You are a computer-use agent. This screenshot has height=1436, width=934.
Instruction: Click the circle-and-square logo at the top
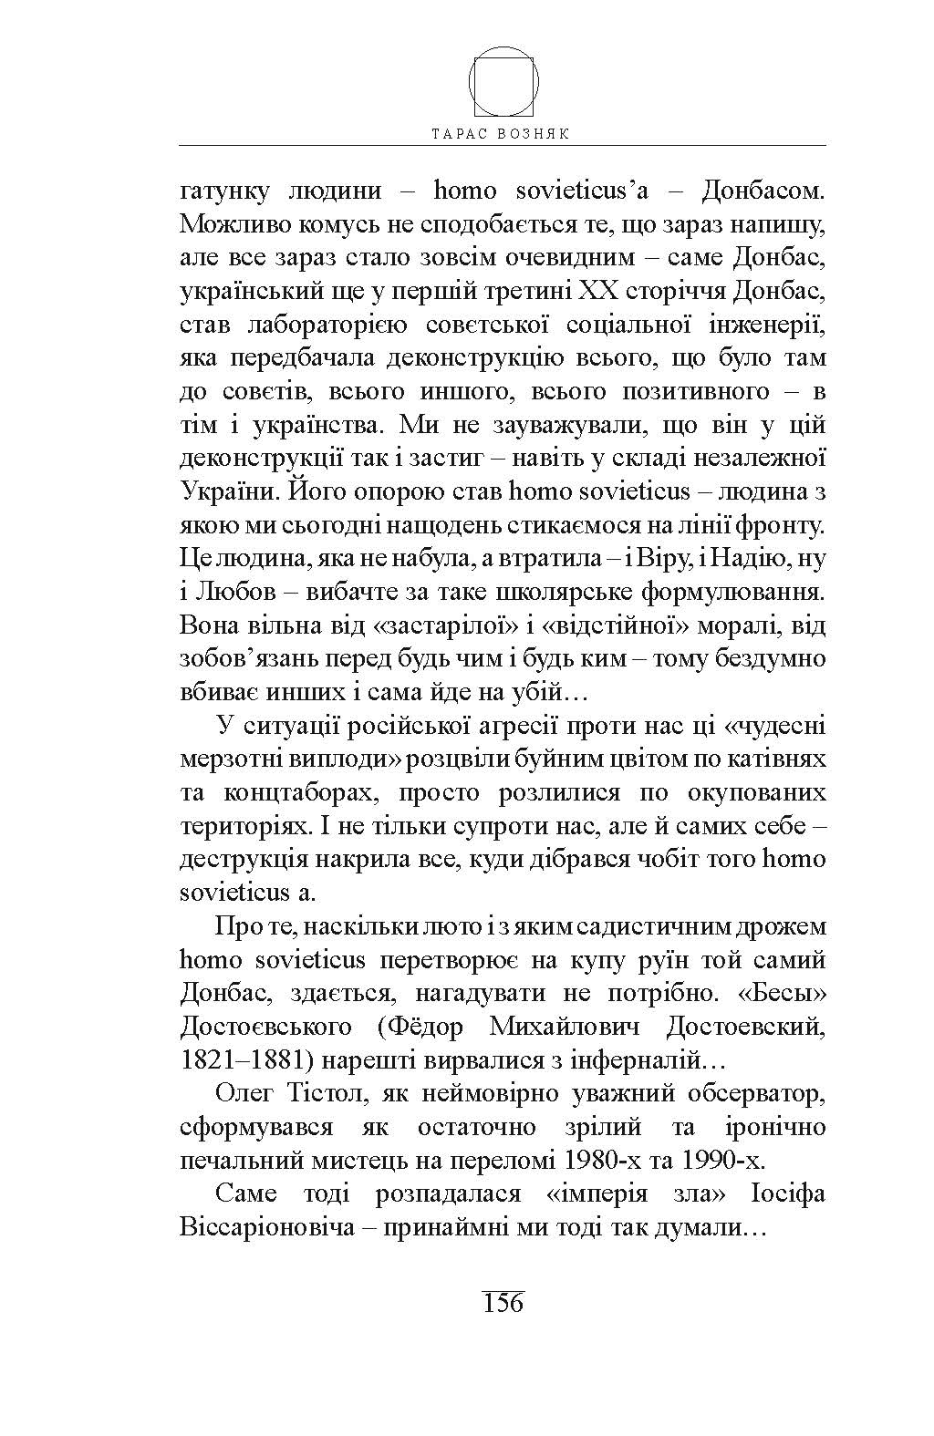click(503, 82)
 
